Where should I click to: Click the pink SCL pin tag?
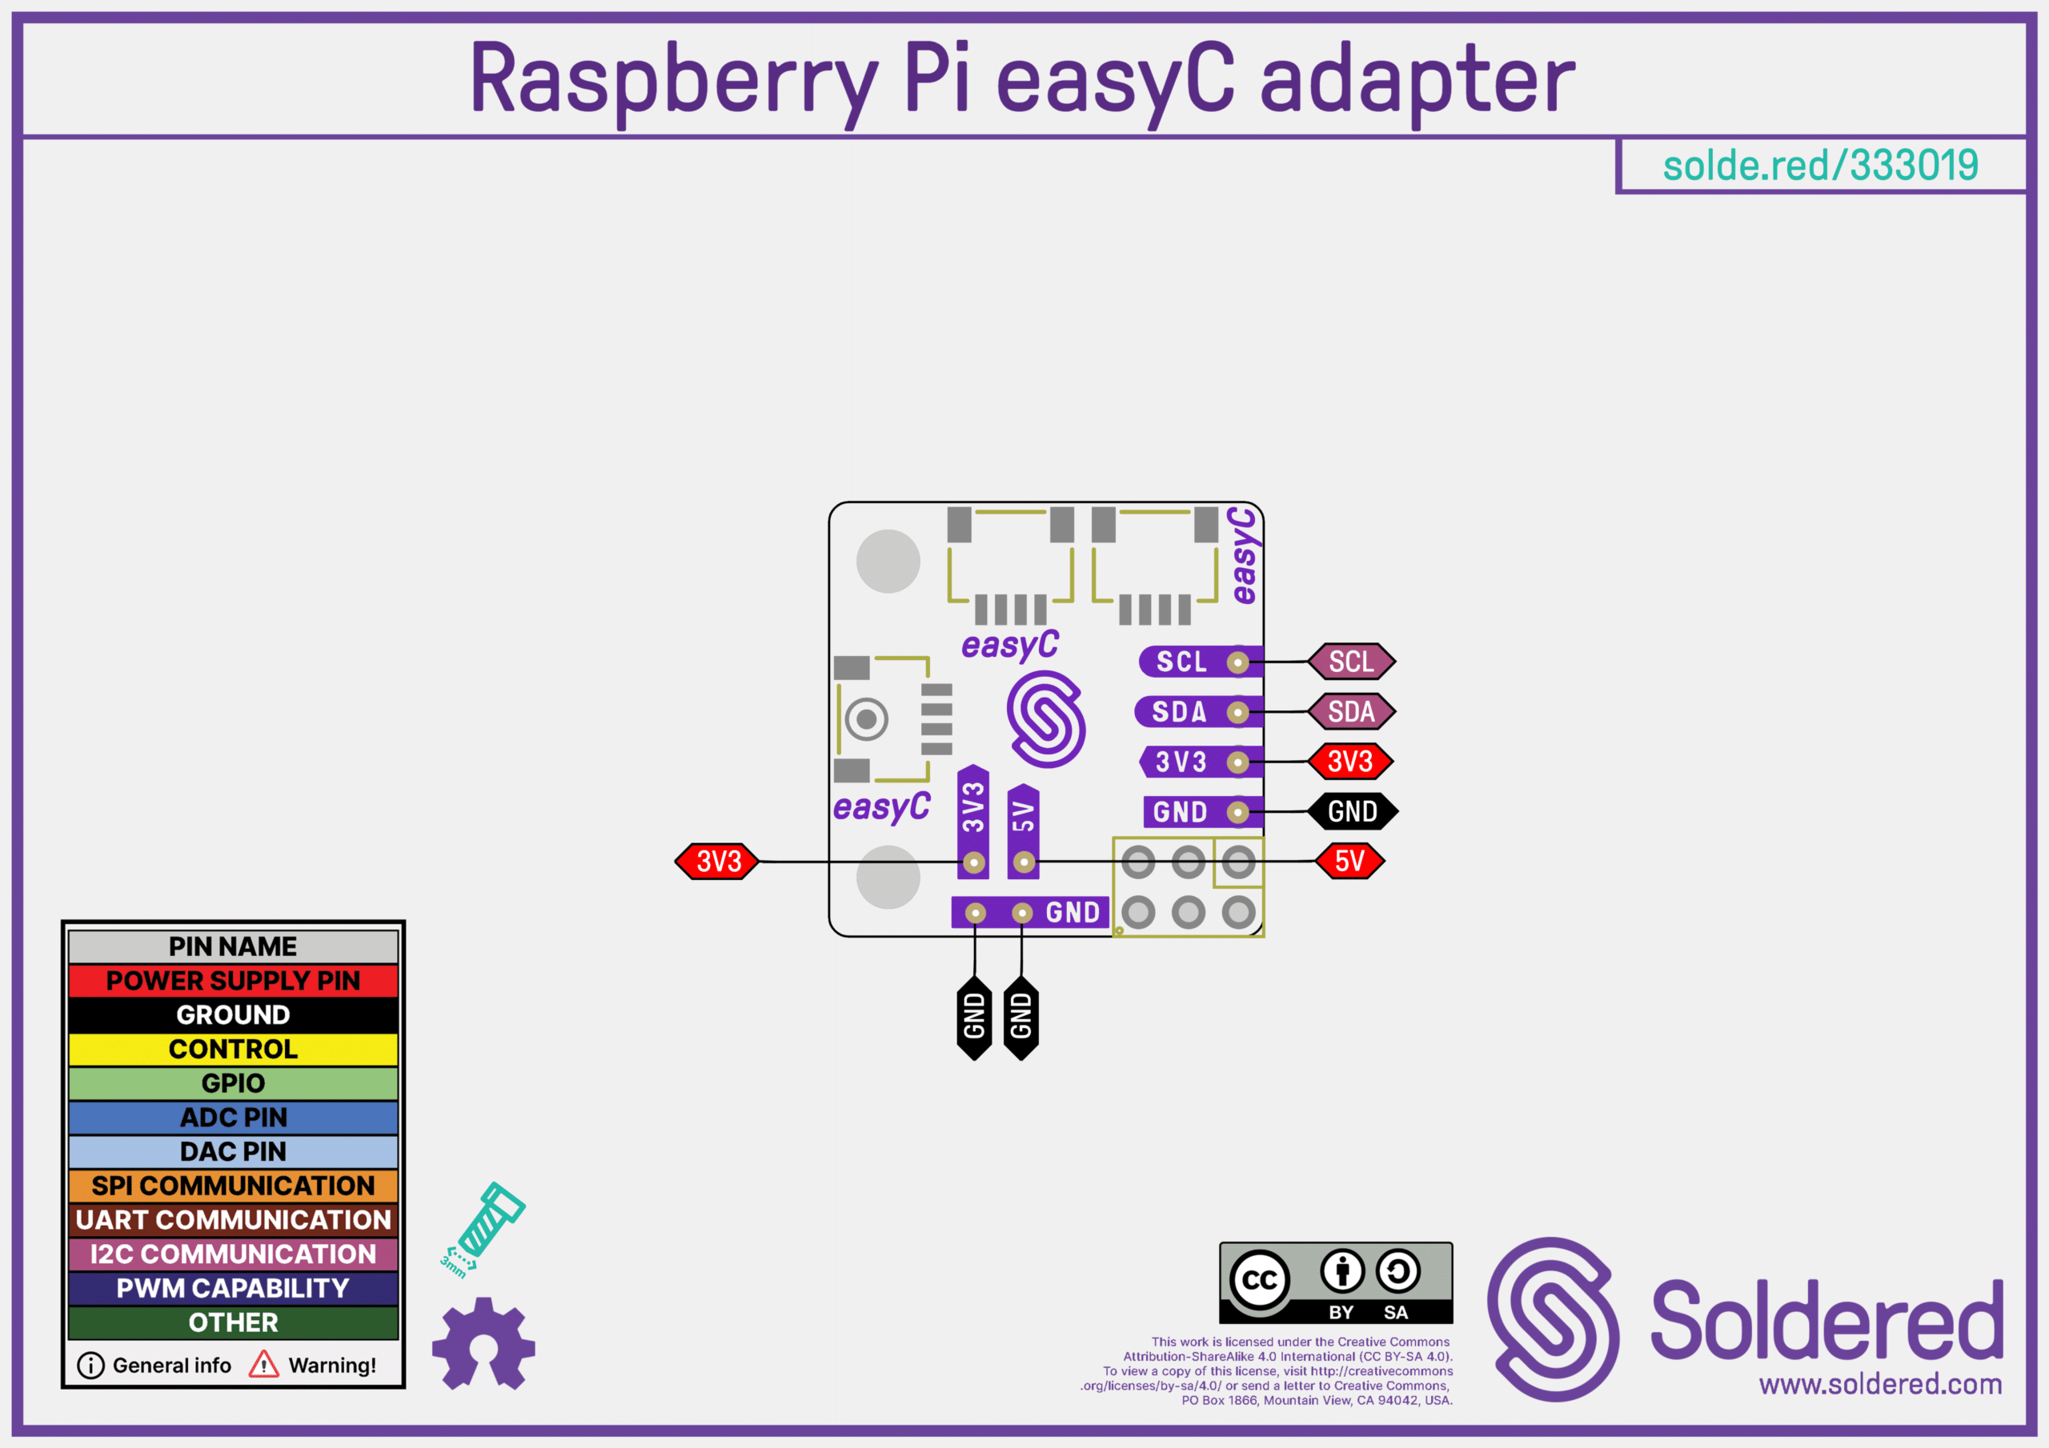[x=1351, y=661]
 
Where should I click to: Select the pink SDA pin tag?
[x=1351, y=711]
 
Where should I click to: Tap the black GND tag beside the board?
[x=1352, y=811]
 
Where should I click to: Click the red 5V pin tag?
[x=1349, y=861]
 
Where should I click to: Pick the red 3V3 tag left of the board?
[x=717, y=861]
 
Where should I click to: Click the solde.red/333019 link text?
[x=1821, y=166]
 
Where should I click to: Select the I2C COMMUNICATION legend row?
[x=233, y=1254]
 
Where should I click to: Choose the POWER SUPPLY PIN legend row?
[x=233, y=981]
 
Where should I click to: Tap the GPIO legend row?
[x=233, y=1083]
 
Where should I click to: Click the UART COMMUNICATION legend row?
[x=233, y=1220]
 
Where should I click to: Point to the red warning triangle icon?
[x=263, y=1364]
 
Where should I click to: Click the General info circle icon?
[x=91, y=1365]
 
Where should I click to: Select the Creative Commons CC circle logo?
[x=1259, y=1280]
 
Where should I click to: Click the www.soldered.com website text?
[x=1880, y=1384]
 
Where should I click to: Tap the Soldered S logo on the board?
[x=1046, y=719]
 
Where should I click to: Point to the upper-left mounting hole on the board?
[x=888, y=561]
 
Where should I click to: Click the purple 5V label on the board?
[x=1023, y=815]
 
